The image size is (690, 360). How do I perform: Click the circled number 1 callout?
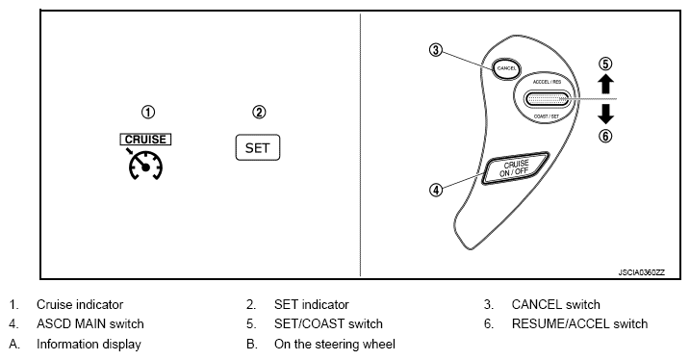pyautogui.click(x=148, y=113)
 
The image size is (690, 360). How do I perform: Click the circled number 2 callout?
pyautogui.click(x=259, y=113)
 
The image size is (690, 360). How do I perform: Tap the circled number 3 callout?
pyautogui.click(x=435, y=50)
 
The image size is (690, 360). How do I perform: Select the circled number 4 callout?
pyautogui.click(x=435, y=191)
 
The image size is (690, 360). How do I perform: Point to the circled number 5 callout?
pyautogui.click(x=606, y=64)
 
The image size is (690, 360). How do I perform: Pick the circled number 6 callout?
pyautogui.click(x=606, y=136)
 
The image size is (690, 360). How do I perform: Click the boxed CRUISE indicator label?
pyautogui.click(x=145, y=140)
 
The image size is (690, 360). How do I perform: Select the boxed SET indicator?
pyautogui.click(x=258, y=147)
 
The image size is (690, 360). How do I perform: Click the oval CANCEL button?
pyautogui.click(x=506, y=68)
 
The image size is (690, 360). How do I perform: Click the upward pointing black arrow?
pyautogui.click(x=606, y=84)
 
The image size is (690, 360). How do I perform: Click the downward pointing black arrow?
pyautogui.click(x=606, y=114)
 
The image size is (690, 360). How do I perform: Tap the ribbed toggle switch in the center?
pyautogui.click(x=547, y=99)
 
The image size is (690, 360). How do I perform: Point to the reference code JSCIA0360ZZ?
pyautogui.click(x=641, y=272)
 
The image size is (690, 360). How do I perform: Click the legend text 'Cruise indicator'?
pyautogui.click(x=80, y=304)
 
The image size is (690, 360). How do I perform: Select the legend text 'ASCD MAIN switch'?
pyautogui.click(x=90, y=324)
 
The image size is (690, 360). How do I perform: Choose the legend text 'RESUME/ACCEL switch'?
pyautogui.click(x=579, y=324)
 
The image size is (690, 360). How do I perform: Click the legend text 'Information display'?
pyautogui.click(x=89, y=345)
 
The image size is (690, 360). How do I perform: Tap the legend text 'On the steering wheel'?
pyautogui.click(x=335, y=345)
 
